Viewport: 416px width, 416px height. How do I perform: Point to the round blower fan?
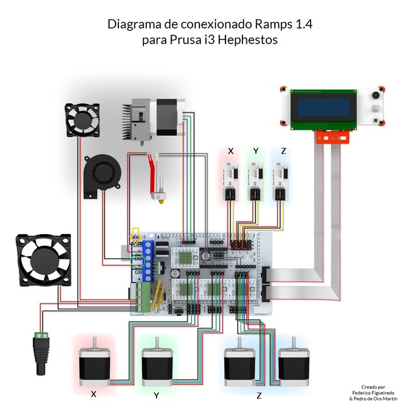(x=103, y=171)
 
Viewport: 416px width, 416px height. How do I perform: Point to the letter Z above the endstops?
(x=283, y=151)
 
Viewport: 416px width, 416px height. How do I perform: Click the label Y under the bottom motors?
(x=157, y=396)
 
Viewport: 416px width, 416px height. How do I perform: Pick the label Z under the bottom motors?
(x=260, y=395)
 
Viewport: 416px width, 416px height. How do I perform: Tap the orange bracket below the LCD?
(x=331, y=136)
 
